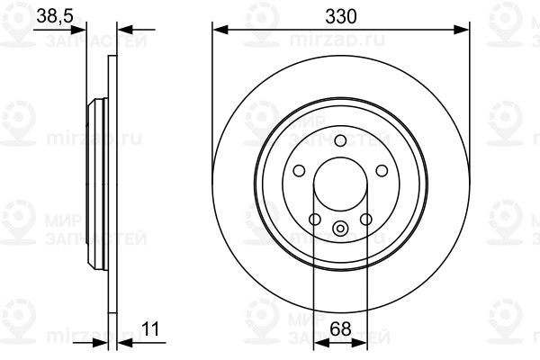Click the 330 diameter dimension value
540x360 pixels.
click(x=341, y=15)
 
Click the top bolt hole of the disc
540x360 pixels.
click(x=340, y=139)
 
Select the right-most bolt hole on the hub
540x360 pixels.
click(x=382, y=170)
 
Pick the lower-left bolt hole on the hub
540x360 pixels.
click(x=314, y=220)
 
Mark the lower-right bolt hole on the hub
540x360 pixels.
click(x=366, y=220)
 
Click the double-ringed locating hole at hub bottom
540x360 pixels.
click(x=340, y=229)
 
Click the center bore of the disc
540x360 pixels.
click(x=340, y=184)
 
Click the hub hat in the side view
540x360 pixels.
click(x=94, y=185)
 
